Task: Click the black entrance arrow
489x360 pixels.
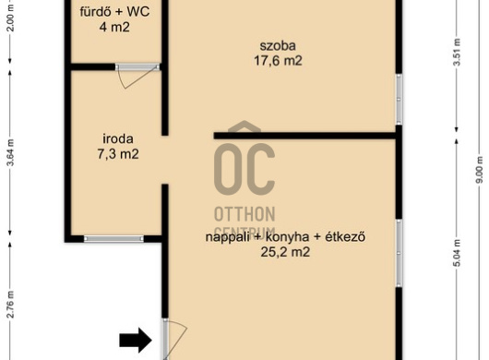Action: coord(137,340)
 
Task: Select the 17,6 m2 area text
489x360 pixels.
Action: coord(271,61)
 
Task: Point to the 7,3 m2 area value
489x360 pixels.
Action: coord(118,154)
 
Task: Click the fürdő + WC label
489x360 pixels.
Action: coord(114,12)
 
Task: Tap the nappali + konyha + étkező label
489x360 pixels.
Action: coord(286,237)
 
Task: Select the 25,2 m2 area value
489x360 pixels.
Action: coord(285,251)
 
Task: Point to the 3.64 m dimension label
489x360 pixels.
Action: coord(10,150)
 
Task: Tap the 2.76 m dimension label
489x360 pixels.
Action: coord(10,304)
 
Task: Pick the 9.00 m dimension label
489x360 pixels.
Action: coord(478,172)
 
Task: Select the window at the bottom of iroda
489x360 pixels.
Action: coord(111,238)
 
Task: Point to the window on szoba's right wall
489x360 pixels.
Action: coord(399,98)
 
